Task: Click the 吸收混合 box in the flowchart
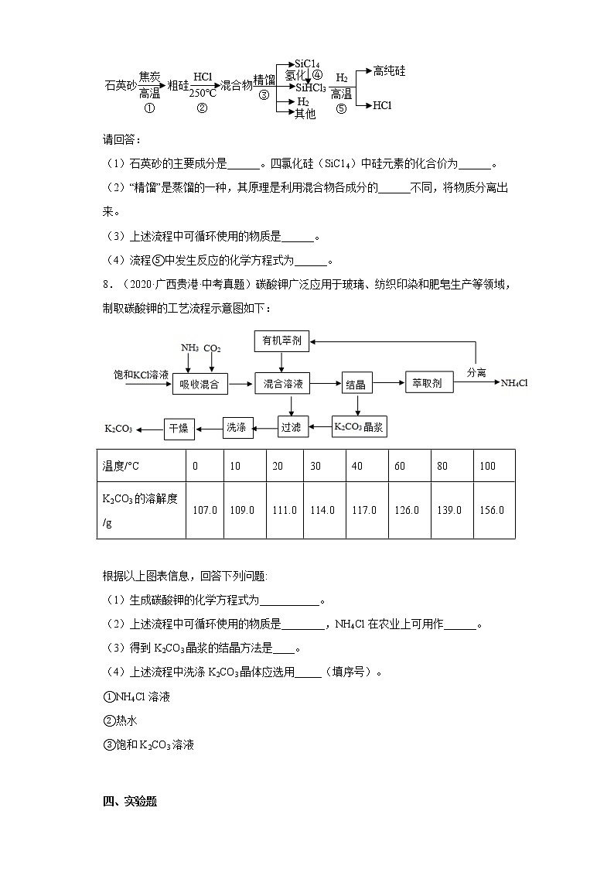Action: [200, 384]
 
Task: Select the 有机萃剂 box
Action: [281, 340]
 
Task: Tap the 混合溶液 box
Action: [282, 384]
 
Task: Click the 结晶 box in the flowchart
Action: [356, 384]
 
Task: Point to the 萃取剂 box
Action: [426, 383]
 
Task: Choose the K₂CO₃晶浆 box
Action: [359, 426]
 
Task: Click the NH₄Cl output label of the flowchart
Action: [514, 383]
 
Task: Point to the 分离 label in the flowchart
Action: [476, 372]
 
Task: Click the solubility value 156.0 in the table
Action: [492, 510]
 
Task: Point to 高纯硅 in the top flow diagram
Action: [389, 70]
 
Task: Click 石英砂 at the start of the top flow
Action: [121, 86]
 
